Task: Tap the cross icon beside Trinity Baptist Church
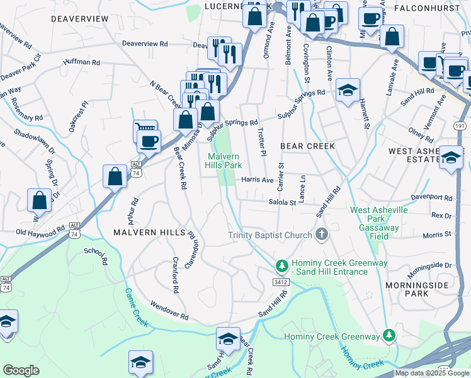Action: click(322, 235)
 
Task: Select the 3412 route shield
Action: click(281, 282)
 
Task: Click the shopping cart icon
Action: click(144, 129)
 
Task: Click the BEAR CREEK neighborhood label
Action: click(307, 146)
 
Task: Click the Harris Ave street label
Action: click(258, 180)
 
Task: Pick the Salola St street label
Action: click(282, 202)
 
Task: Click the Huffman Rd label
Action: click(81, 62)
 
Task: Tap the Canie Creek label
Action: click(136, 307)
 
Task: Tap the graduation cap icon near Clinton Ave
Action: click(347, 89)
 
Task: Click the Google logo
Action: click(21, 370)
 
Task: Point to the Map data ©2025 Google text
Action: click(432, 373)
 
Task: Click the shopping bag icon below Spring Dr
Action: click(39, 200)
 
